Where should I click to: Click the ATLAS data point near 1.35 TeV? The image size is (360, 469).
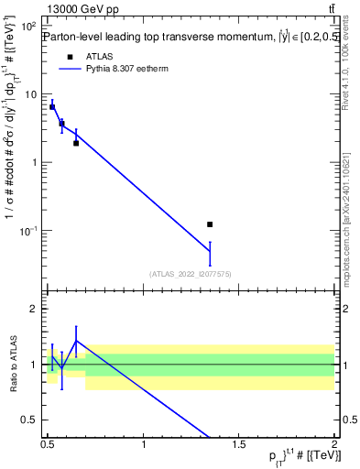coord(210,224)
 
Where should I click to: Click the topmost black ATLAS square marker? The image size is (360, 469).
coord(52,107)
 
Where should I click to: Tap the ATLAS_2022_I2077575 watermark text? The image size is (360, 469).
coord(191,274)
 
